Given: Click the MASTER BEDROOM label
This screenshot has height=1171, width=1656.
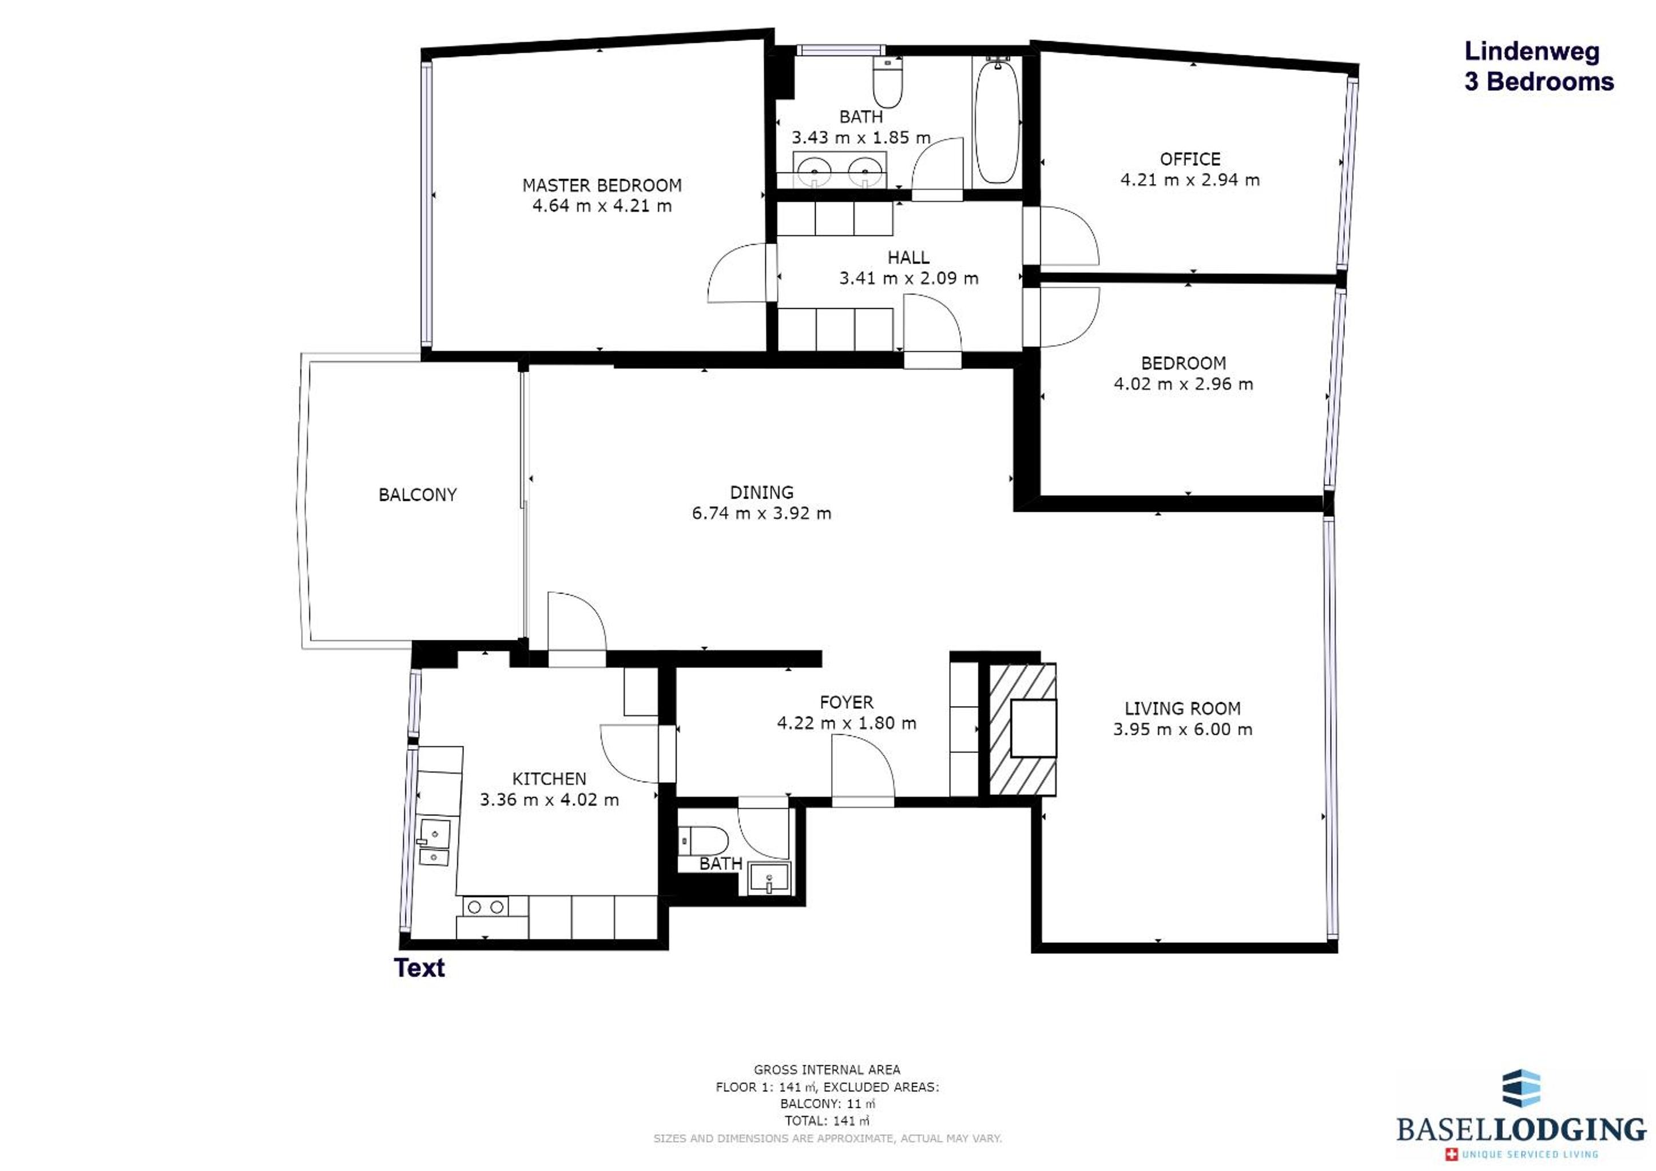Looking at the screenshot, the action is pyautogui.click(x=602, y=185).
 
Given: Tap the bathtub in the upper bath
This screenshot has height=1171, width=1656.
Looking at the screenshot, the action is pyautogui.click(x=998, y=121).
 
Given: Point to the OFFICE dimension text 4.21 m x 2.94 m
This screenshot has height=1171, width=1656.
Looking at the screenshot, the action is pyautogui.click(x=1190, y=180).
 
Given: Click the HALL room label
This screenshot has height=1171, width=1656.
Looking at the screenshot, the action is pyautogui.click(x=908, y=257).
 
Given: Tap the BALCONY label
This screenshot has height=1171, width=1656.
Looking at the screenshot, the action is pyautogui.click(x=418, y=495).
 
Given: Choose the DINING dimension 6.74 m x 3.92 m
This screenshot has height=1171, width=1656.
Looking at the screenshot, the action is pyautogui.click(x=761, y=513).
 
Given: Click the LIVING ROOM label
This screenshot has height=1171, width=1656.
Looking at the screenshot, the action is pyautogui.click(x=1183, y=709).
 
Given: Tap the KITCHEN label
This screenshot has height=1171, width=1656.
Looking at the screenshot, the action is pyautogui.click(x=549, y=779).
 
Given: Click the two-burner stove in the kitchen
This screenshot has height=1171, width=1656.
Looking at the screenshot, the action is pyautogui.click(x=486, y=907).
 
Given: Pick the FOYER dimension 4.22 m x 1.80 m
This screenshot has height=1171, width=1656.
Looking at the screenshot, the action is pyautogui.click(x=847, y=723).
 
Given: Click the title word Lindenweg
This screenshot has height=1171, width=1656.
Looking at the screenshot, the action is pyautogui.click(x=1532, y=52).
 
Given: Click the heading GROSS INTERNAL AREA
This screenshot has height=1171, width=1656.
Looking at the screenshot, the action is pyautogui.click(x=827, y=1069).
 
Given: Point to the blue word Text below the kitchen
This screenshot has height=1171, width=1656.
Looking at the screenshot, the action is pyautogui.click(x=419, y=967).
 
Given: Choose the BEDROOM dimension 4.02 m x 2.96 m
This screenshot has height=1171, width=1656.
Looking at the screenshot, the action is pyautogui.click(x=1184, y=384).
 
